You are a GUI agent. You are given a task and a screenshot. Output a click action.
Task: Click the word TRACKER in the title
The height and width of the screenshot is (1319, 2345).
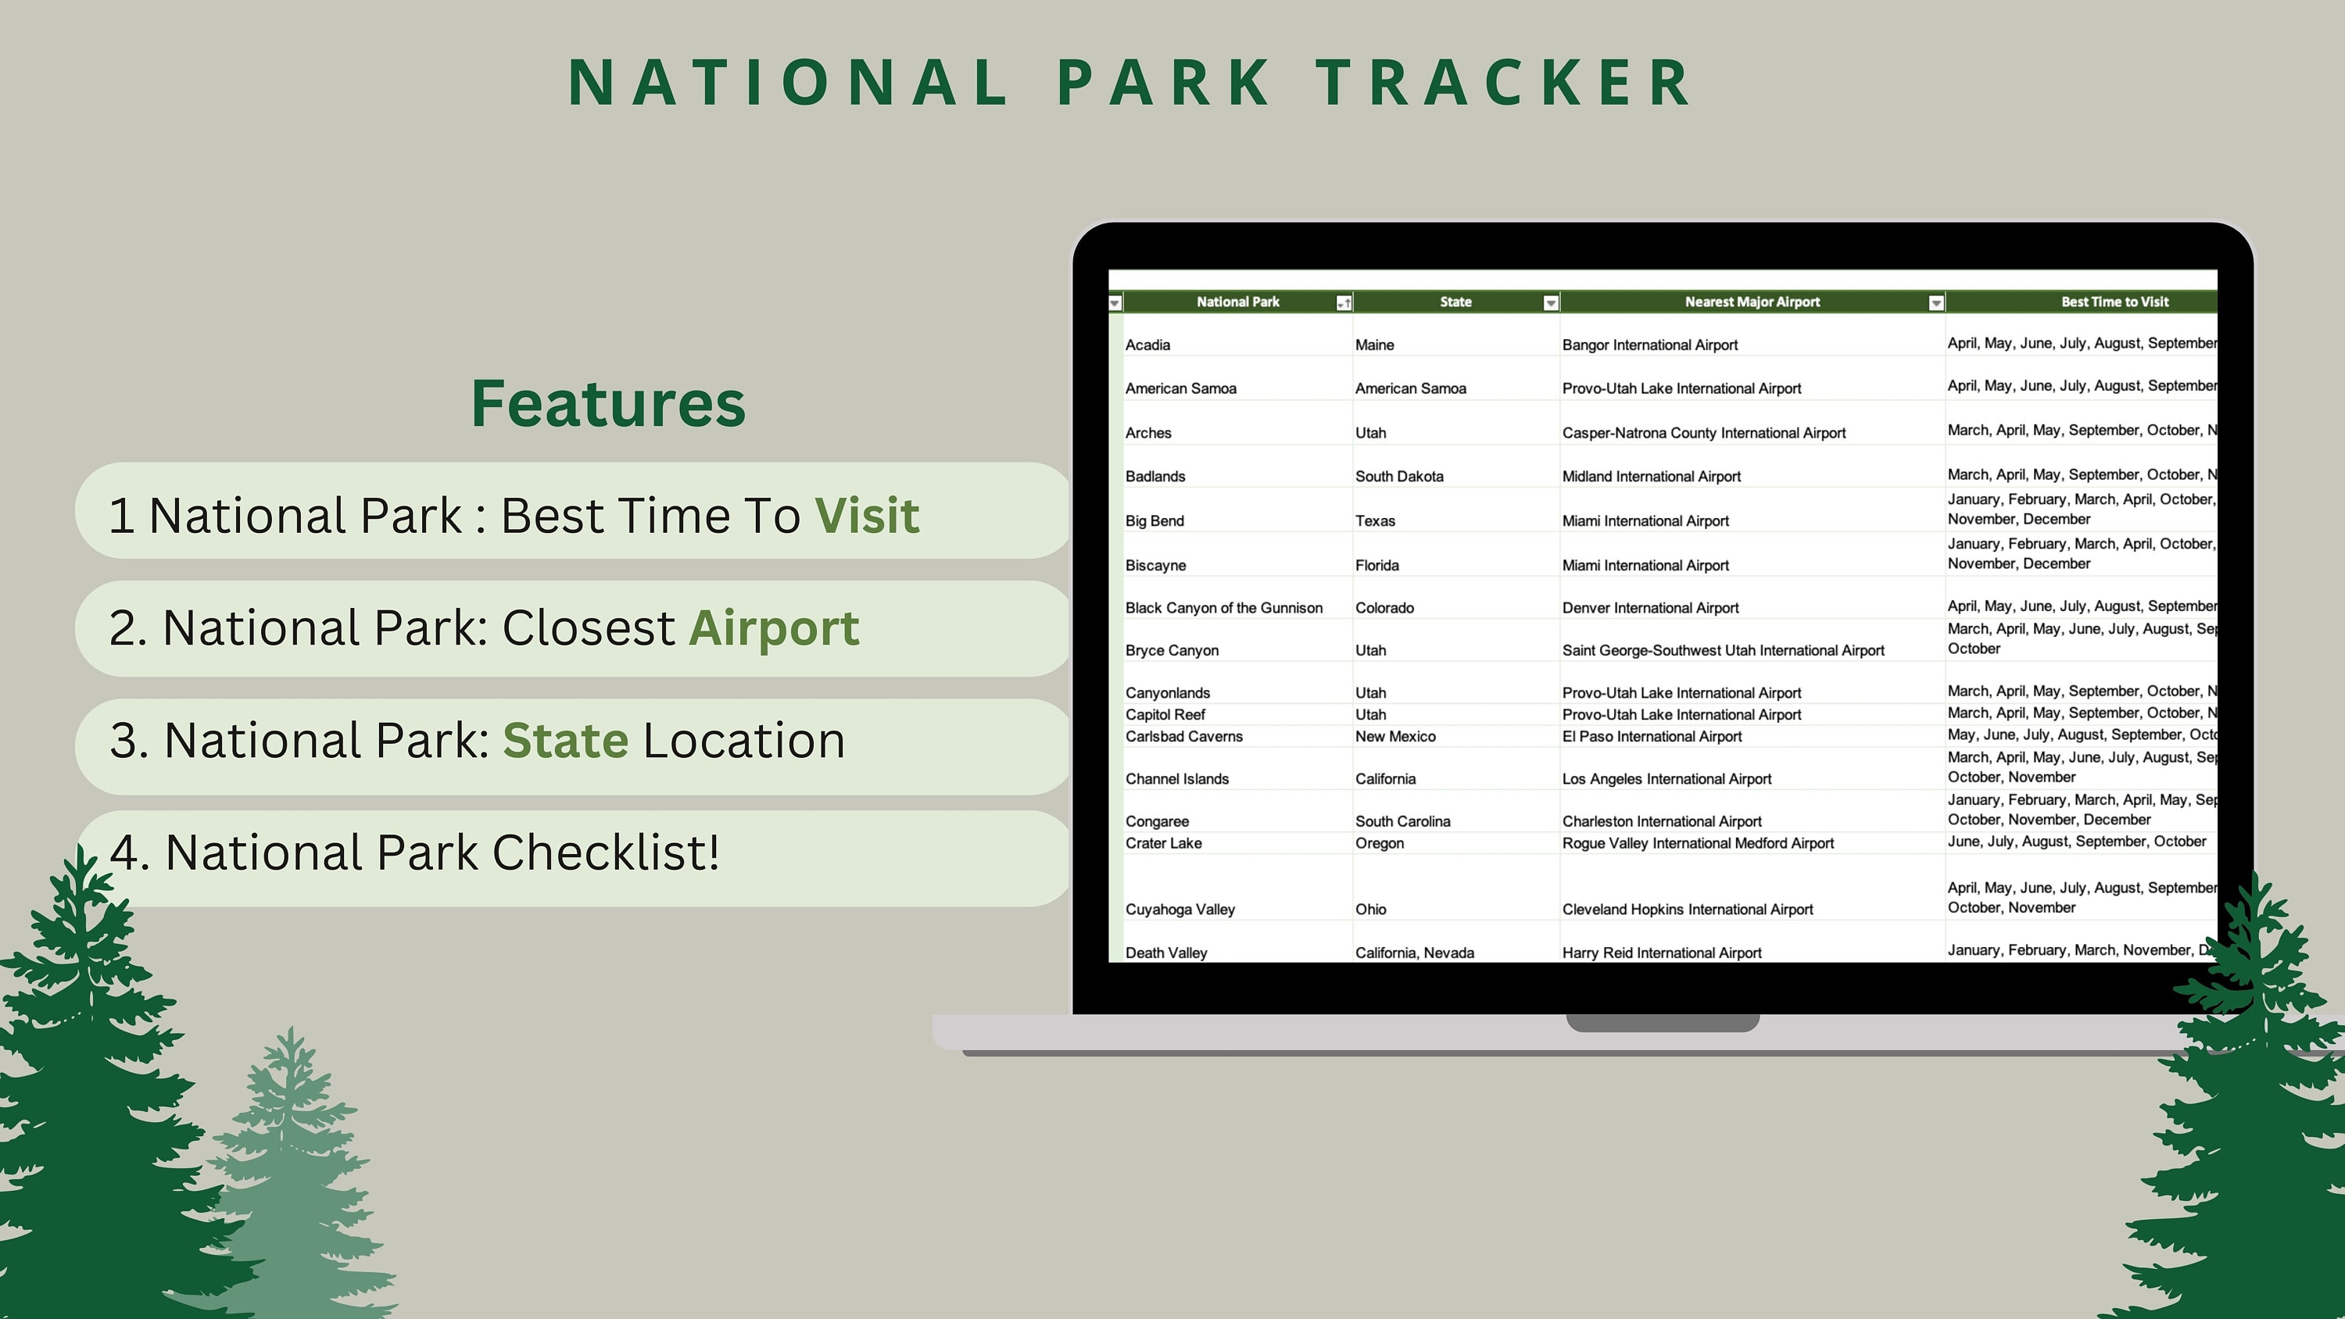pos(1504,83)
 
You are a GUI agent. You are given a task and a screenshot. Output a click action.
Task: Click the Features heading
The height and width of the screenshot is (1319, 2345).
pos(608,403)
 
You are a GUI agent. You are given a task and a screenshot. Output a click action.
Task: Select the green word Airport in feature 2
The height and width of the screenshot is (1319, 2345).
pos(774,628)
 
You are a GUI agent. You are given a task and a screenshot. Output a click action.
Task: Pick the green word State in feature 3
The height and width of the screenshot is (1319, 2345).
pos(565,740)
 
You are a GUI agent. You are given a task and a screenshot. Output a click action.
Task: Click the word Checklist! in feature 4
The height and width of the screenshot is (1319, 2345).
pos(605,853)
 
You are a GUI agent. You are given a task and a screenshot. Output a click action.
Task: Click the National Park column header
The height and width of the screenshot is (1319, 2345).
pos(1237,302)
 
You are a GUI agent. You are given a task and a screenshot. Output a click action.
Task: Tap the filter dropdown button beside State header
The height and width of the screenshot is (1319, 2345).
pos(1551,303)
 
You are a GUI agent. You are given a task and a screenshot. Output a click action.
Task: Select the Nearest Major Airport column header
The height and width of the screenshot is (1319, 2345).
pos(1752,302)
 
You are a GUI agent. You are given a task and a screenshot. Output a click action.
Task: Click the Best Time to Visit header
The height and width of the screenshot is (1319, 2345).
pos(2114,302)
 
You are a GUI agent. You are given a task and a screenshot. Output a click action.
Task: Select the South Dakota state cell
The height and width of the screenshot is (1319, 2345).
pos(1399,477)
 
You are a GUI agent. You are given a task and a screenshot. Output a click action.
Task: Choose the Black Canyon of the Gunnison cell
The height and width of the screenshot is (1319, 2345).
pos(1223,608)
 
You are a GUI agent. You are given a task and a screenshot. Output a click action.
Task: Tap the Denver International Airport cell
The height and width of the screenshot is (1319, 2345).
pos(1649,608)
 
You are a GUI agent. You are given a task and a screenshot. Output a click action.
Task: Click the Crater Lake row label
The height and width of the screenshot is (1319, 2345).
pos(1163,844)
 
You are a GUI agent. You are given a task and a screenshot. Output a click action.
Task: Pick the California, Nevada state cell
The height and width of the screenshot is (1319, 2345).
pos(1414,953)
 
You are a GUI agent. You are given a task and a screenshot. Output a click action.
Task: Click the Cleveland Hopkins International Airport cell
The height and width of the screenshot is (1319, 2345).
pos(1687,910)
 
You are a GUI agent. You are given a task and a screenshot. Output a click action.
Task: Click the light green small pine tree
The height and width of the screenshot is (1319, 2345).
pos(292,1183)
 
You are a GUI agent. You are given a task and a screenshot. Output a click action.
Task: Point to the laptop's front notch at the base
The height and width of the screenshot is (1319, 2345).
pos(1663,1023)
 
